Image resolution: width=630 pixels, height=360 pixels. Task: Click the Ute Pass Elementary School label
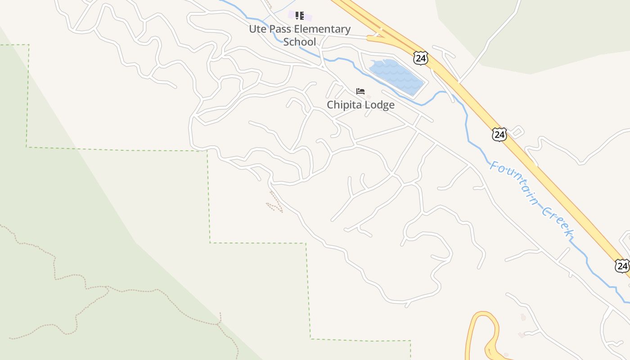pyautogui.click(x=300, y=35)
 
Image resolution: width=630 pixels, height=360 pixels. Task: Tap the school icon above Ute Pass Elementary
pyautogui.click(x=300, y=16)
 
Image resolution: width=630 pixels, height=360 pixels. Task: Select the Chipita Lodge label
pyautogui.click(x=360, y=105)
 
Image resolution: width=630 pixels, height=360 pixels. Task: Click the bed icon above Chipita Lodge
pyautogui.click(x=360, y=91)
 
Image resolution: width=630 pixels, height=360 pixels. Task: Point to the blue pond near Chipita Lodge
pyautogui.click(x=396, y=77)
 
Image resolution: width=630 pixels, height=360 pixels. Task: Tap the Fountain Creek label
pyautogui.click(x=531, y=198)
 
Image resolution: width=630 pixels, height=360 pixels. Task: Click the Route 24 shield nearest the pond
pyautogui.click(x=420, y=58)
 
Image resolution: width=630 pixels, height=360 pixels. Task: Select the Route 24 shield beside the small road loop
pyautogui.click(x=499, y=134)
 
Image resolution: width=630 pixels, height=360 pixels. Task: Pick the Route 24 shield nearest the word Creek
pyautogui.click(x=622, y=265)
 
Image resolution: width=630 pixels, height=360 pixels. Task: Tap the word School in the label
pyautogui.click(x=300, y=42)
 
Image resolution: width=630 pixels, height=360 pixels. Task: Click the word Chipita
pyautogui.click(x=344, y=105)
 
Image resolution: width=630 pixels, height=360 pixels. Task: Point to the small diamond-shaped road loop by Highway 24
pyautogui.click(x=517, y=131)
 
